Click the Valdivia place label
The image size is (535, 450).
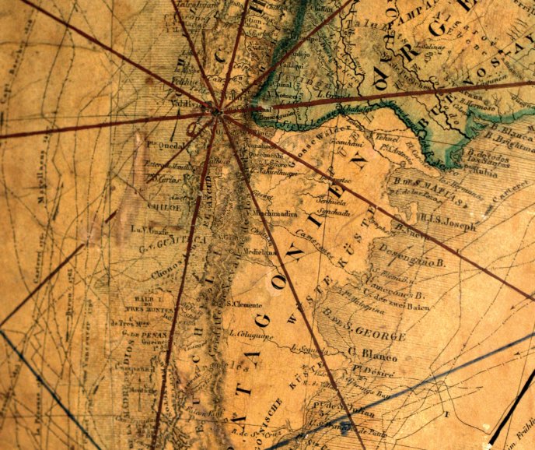(x=183, y=100)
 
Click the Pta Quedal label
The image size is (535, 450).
(x=166, y=144)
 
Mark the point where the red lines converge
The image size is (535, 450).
(x=218, y=114)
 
